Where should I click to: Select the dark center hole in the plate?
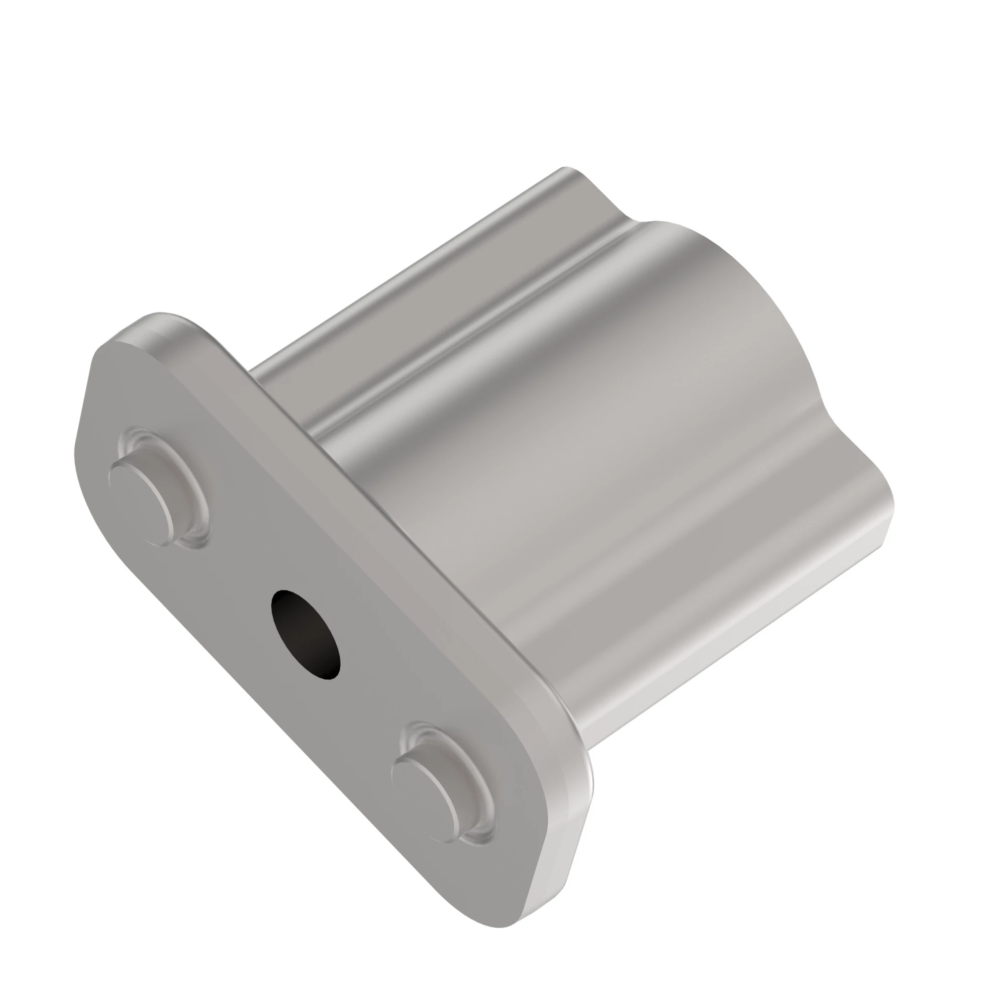307,635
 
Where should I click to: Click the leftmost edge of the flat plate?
78,447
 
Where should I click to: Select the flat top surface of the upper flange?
416,281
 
